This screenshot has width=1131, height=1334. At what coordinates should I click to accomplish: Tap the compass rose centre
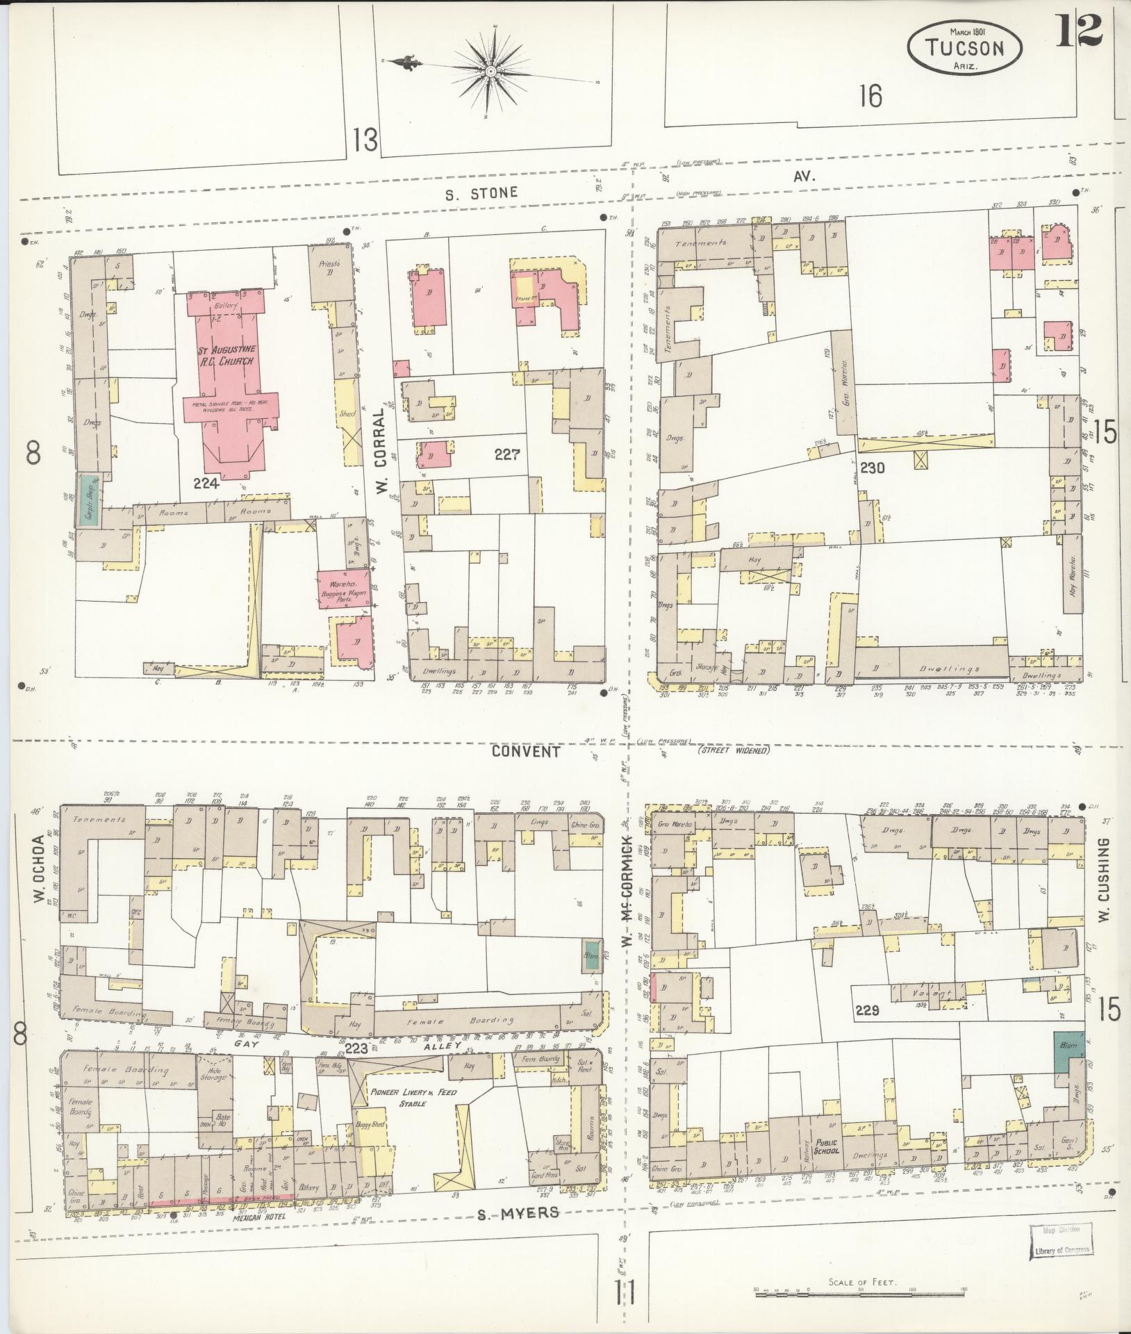(x=490, y=72)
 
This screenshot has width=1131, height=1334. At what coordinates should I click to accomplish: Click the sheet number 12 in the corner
(x=1080, y=31)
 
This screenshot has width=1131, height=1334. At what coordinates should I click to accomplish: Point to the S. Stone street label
(x=482, y=192)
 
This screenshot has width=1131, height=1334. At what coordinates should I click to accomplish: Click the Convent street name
(x=525, y=751)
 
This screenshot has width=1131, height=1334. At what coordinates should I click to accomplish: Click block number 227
(x=508, y=455)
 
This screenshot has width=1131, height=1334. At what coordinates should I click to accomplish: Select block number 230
(x=872, y=468)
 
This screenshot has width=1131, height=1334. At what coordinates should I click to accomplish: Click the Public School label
(x=827, y=1146)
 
